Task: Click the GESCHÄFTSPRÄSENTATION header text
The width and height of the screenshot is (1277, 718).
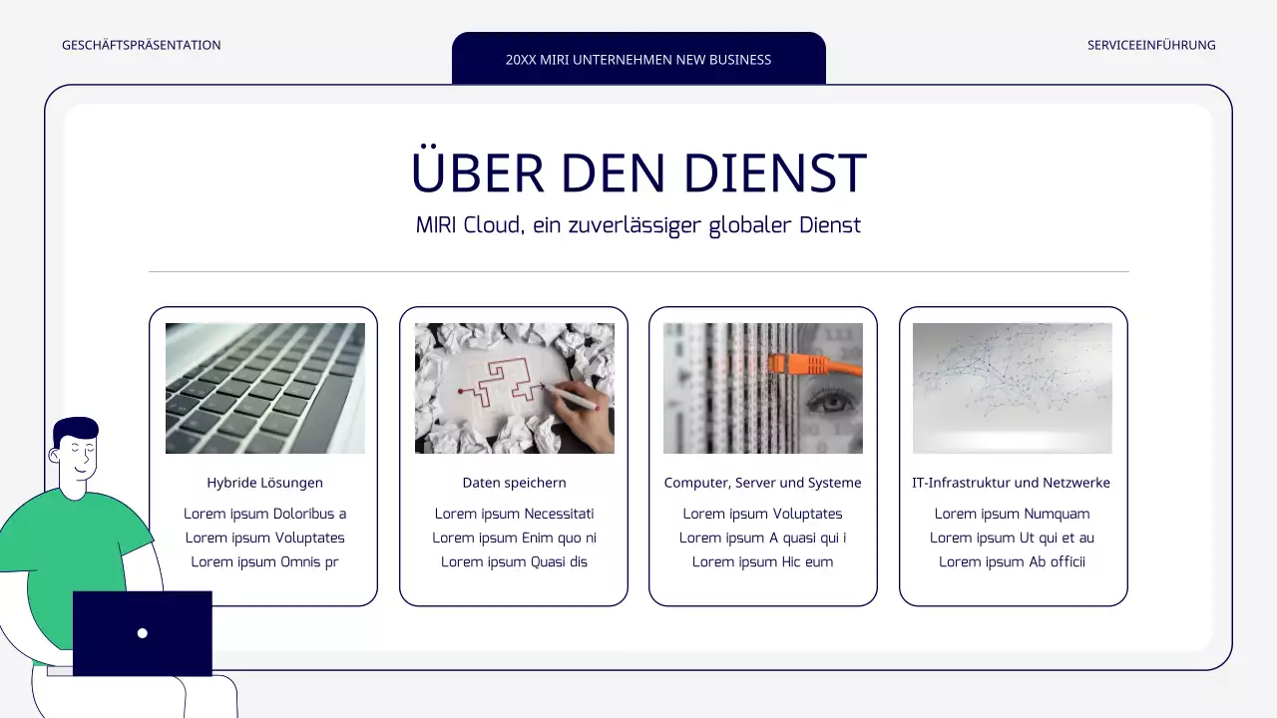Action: tap(141, 45)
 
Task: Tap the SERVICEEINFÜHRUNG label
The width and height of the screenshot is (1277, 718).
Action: tap(1151, 45)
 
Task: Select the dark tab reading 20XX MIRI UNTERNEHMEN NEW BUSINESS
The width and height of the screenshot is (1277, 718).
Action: tap(638, 59)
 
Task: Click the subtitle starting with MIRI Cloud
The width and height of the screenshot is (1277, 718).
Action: tap(638, 225)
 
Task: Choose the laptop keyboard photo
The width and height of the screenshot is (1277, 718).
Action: tap(265, 388)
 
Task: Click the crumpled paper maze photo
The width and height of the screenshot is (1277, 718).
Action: tap(515, 388)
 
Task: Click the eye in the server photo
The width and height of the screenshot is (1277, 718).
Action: tap(826, 404)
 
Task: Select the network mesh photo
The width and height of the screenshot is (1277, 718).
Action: tap(1013, 388)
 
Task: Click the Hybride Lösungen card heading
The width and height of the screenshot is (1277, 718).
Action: tap(265, 483)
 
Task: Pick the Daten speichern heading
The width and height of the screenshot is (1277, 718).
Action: tap(515, 483)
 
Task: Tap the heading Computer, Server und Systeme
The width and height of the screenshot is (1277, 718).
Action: tap(763, 483)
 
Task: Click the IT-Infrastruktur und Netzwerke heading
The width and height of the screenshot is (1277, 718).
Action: tap(1012, 483)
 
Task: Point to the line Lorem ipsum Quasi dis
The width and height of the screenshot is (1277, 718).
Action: tap(515, 561)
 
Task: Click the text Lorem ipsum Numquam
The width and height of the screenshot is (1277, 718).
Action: tap(1012, 514)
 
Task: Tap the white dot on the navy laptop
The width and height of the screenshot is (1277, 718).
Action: tap(143, 633)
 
